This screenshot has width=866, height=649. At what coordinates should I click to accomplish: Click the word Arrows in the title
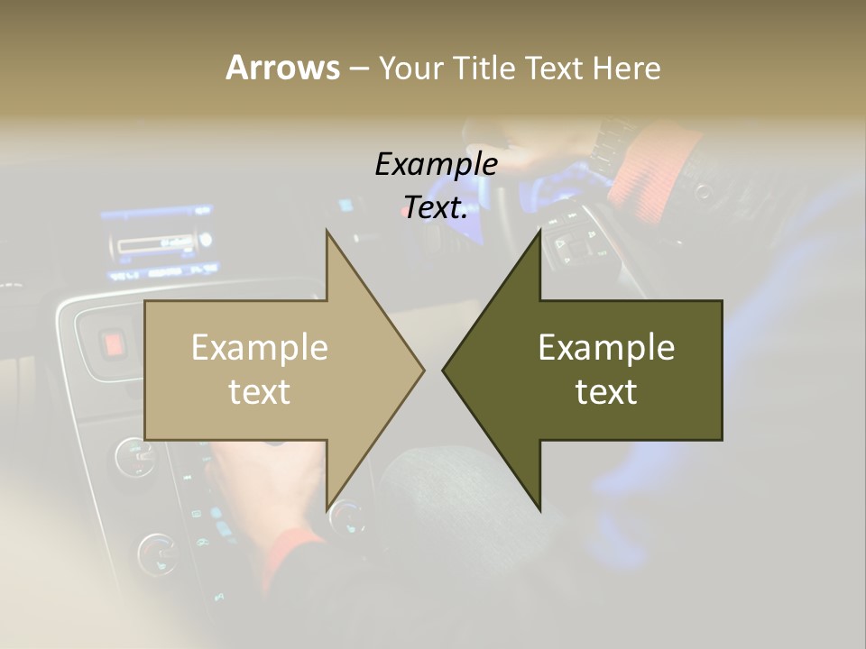(x=282, y=68)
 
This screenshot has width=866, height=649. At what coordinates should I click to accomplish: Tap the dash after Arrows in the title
(x=358, y=69)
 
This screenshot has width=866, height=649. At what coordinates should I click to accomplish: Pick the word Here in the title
(x=627, y=68)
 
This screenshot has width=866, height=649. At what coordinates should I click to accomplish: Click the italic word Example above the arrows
(x=437, y=164)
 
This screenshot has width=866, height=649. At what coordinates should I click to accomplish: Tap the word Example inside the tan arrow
(x=260, y=347)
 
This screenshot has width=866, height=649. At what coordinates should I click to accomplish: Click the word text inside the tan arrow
(x=260, y=392)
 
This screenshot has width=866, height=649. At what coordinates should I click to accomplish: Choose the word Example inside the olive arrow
(x=606, y=347)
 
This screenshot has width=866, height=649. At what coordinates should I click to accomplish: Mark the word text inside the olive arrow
(x=606, y=392)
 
